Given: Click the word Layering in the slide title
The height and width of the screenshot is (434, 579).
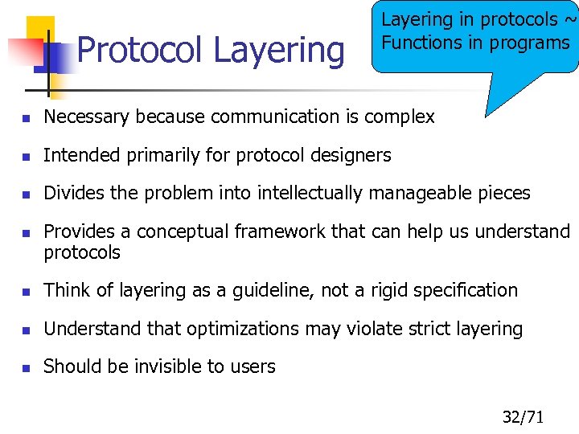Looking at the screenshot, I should tap(278, 51).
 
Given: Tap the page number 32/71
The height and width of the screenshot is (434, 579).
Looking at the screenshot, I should tap(524, 416).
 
